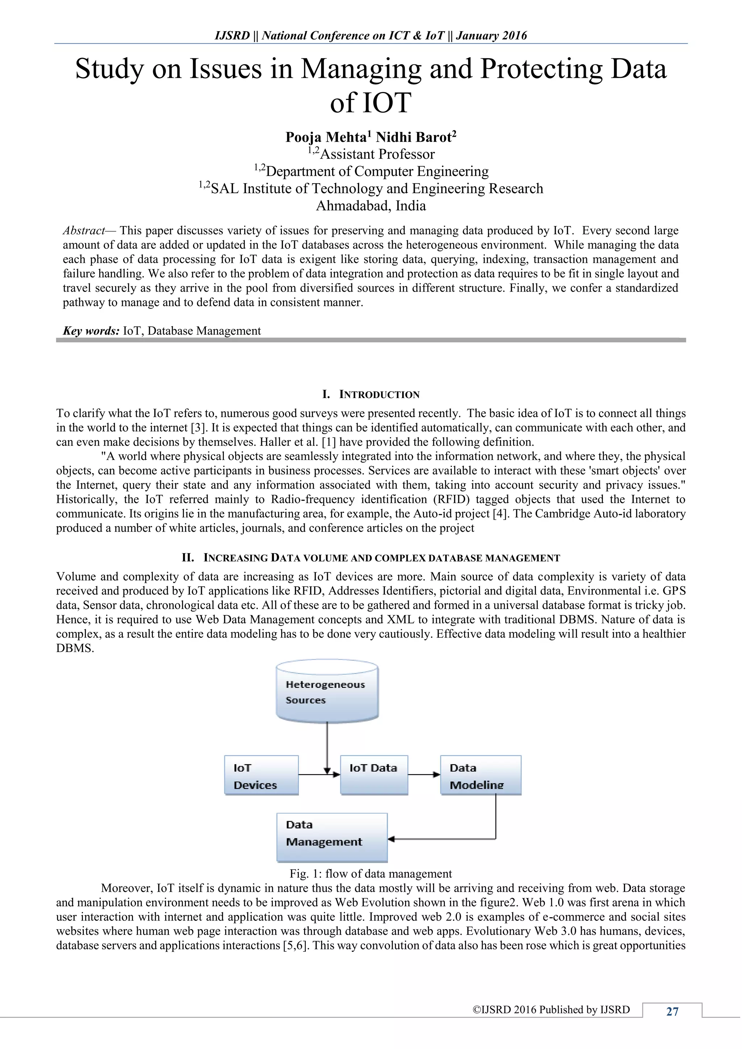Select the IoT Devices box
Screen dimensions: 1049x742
(261, 776)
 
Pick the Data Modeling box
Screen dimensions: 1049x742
(480, 776)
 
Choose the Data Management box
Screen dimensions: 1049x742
(332, 837)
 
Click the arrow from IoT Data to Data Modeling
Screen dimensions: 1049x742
(424, 774)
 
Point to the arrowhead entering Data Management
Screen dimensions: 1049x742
(391, 839)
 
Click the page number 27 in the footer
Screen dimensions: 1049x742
(672, 1012)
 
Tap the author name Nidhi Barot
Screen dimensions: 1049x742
(413, 137)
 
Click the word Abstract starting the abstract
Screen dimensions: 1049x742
(84, 230)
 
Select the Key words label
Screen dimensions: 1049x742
(91, 331)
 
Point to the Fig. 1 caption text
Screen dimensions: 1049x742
(371, 874)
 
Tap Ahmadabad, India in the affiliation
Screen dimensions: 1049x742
(371, 206)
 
